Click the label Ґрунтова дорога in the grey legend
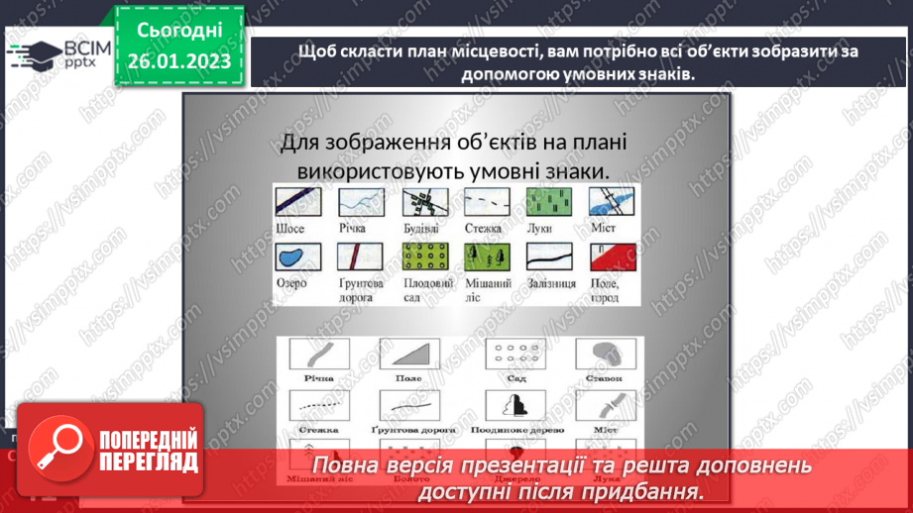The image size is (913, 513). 412,430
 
